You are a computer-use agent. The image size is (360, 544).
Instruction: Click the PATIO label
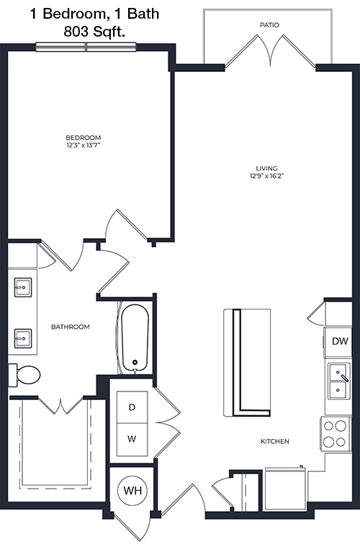pos(269,25)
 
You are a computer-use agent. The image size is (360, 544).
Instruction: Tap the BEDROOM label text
pos(84,137)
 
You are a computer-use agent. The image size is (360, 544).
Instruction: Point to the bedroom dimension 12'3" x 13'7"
pos(84,145)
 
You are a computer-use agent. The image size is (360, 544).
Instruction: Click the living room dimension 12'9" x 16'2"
pos(266,176)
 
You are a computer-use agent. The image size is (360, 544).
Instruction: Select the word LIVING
pos(266,168)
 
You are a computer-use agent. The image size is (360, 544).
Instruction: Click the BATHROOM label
pos(71,327)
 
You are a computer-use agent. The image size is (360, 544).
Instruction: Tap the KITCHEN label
pos(274,441)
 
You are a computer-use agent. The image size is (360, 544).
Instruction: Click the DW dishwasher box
pos(338,342)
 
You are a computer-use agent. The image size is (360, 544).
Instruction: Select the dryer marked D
pos(132,407)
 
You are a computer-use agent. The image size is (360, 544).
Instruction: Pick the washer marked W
pos(132,439)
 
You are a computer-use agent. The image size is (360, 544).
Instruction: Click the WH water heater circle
pos(133,491)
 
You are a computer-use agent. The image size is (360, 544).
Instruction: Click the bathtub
pos(135,338)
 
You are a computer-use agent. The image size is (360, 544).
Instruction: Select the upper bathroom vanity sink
pos(23,287)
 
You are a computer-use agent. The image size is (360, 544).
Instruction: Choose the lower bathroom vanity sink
pos(23,338)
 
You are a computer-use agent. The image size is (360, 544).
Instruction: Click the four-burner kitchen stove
pos(336,434)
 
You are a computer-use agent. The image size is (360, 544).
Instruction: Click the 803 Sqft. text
pos(94,32)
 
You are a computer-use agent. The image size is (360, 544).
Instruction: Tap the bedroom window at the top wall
pos(86,47)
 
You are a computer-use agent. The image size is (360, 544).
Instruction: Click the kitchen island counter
pos(247,363)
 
